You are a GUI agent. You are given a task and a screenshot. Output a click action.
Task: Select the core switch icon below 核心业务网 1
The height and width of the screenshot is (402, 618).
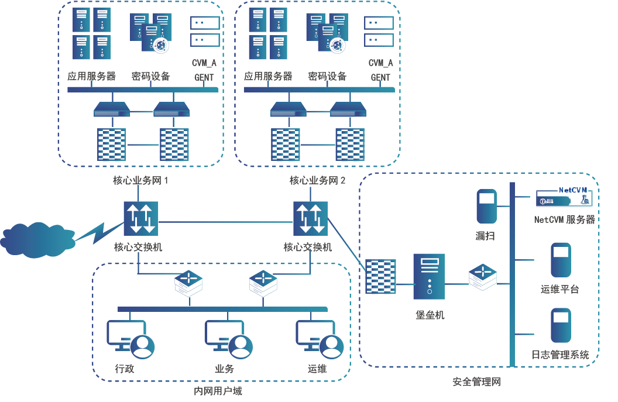point(140,218)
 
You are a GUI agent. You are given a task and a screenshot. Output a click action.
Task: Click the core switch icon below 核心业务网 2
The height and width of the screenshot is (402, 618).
point(310,218)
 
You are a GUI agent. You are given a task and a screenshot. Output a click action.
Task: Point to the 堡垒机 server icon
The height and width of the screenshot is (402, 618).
point(429,277)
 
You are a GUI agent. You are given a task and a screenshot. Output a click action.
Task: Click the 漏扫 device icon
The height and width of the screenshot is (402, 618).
point(486,206)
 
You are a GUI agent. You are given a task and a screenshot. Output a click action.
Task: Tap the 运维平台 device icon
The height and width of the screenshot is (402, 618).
point(561,260)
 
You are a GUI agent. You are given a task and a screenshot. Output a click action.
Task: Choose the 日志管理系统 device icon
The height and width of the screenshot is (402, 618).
point(561,325)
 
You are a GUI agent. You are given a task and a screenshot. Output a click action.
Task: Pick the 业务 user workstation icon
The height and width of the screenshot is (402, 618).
point(229,338)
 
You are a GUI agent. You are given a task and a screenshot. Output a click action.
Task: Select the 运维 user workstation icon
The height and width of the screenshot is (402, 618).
point(320,338)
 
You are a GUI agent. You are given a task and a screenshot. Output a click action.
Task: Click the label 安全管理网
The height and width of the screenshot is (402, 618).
point(476,382)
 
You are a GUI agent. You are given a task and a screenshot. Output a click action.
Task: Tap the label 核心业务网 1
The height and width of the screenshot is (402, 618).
point(140,180)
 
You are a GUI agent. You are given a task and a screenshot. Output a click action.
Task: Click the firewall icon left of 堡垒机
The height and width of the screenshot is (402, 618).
point(380,276)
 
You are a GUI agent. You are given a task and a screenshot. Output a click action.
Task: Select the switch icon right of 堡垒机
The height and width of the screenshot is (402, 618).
point(483,276)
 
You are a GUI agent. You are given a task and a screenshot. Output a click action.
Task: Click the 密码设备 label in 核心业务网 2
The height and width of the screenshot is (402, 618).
point(328,76)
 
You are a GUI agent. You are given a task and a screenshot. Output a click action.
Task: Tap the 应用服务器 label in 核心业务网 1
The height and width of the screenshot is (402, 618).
point(91,76)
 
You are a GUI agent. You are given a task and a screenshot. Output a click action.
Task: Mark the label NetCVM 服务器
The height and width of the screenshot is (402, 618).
point(564,219)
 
